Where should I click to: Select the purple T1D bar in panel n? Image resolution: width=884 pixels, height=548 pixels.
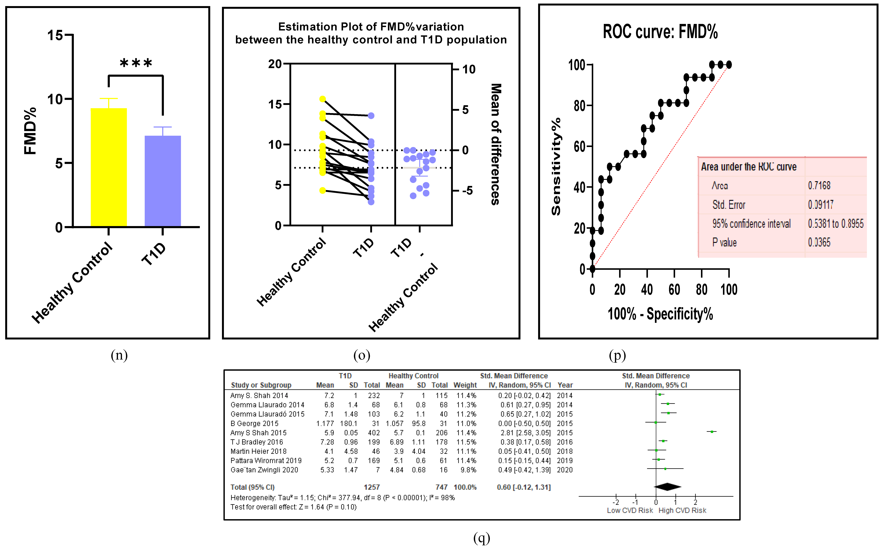pyautogui.click(x=163, y=181)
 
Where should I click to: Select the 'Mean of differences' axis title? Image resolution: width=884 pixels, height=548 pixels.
pyautogui.click(x=496, y=144)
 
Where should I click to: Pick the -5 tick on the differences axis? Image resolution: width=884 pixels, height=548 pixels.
pyautogui.click(x=467, y=191)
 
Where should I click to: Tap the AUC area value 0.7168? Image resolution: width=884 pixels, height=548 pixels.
pyautogui.click(x=819, y=186)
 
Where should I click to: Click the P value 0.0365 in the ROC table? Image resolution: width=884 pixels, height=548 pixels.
pyautogui.click(x=819, y=242)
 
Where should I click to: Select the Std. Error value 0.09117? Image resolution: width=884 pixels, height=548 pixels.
pyautogui.click(x=821, y=205)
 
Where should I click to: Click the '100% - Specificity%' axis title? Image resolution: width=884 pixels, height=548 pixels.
pyautogui.click(x=660, y=314)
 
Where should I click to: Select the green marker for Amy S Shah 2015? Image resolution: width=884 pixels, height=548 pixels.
pyautogui.click(x=712, y=432)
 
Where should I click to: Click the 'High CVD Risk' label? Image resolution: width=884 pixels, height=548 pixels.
pyautogui.click(x=682, y=510)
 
